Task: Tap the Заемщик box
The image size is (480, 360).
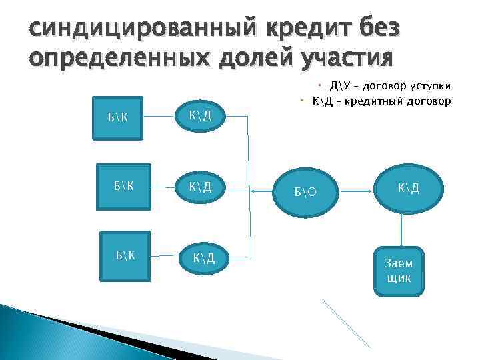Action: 399,269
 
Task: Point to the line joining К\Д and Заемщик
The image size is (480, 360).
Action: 401,229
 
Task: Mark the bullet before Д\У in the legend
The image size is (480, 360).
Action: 320,85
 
